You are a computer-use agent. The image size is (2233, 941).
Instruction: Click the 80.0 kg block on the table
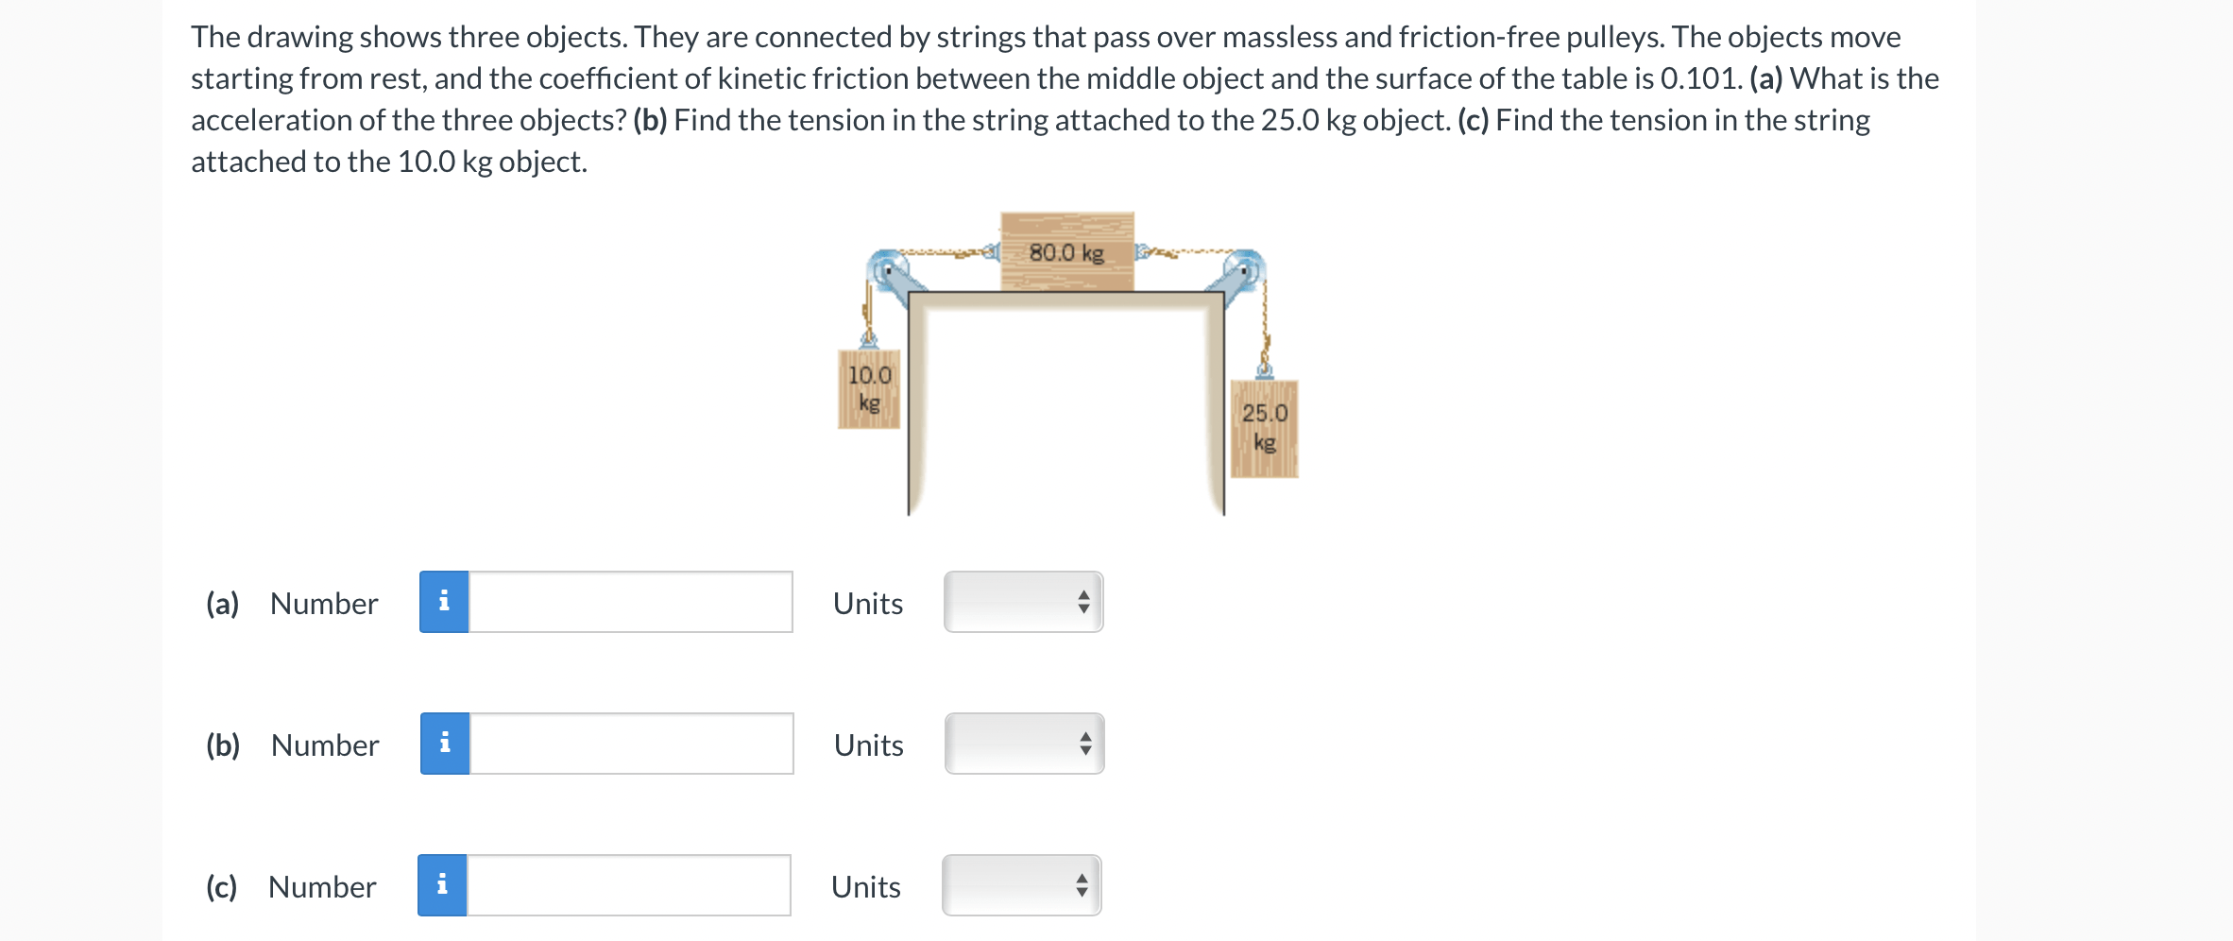click(x=1067, y=251)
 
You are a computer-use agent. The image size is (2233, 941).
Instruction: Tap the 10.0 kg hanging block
click(x=869, y=389)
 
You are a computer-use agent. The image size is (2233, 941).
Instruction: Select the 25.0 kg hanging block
click(x=1265, y=429)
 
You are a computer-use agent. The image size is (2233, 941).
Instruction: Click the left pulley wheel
click(x=888, y=269)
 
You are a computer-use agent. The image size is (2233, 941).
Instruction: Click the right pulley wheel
click(x=1245, y=269)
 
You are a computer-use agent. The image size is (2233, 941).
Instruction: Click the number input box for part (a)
click(x=631, y=602)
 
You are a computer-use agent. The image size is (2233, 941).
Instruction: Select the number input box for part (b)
click(x=632, y=744)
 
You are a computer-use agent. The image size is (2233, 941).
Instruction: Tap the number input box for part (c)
click(x=629, y=885)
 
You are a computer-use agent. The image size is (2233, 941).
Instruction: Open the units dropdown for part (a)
click(x=1024, y=602)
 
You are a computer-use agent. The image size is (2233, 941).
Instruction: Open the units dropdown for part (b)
click(x=1025, y=744)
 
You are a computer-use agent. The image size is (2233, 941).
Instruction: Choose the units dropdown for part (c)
click(x=1022, y=885)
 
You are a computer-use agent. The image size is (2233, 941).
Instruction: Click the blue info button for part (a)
click(x=444, y=602)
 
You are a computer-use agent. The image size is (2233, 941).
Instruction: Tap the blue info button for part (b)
click(x=445, y=744)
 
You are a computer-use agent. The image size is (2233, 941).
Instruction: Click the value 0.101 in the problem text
click(x=1701, y=78)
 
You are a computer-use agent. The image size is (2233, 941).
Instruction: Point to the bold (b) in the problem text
click(x=650, y=121)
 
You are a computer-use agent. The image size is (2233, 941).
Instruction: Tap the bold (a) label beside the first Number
click(x=223, y=604)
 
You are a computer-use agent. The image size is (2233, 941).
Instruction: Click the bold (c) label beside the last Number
click(x=222, y=887)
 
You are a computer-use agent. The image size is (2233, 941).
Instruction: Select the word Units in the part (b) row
click(x=869, y=745)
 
